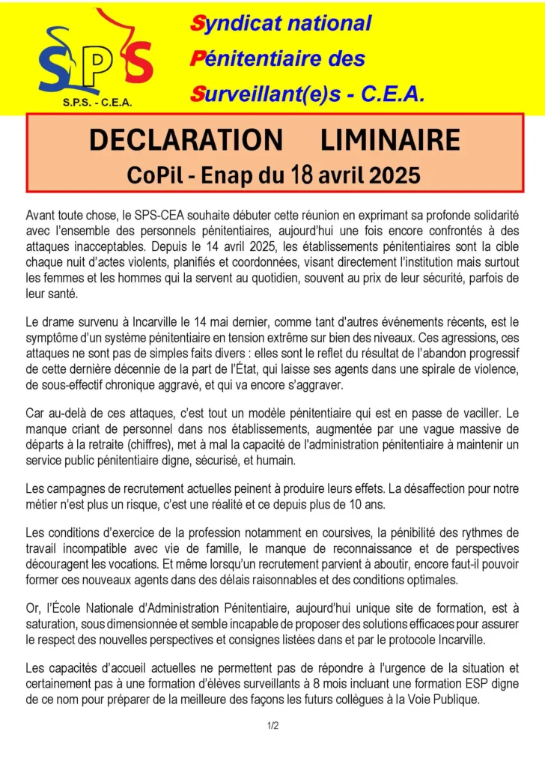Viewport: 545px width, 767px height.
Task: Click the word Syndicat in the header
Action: coord(234,23)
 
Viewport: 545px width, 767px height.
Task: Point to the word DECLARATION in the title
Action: coord(185,140)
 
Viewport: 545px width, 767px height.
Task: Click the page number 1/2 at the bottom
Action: coord(272,726)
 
